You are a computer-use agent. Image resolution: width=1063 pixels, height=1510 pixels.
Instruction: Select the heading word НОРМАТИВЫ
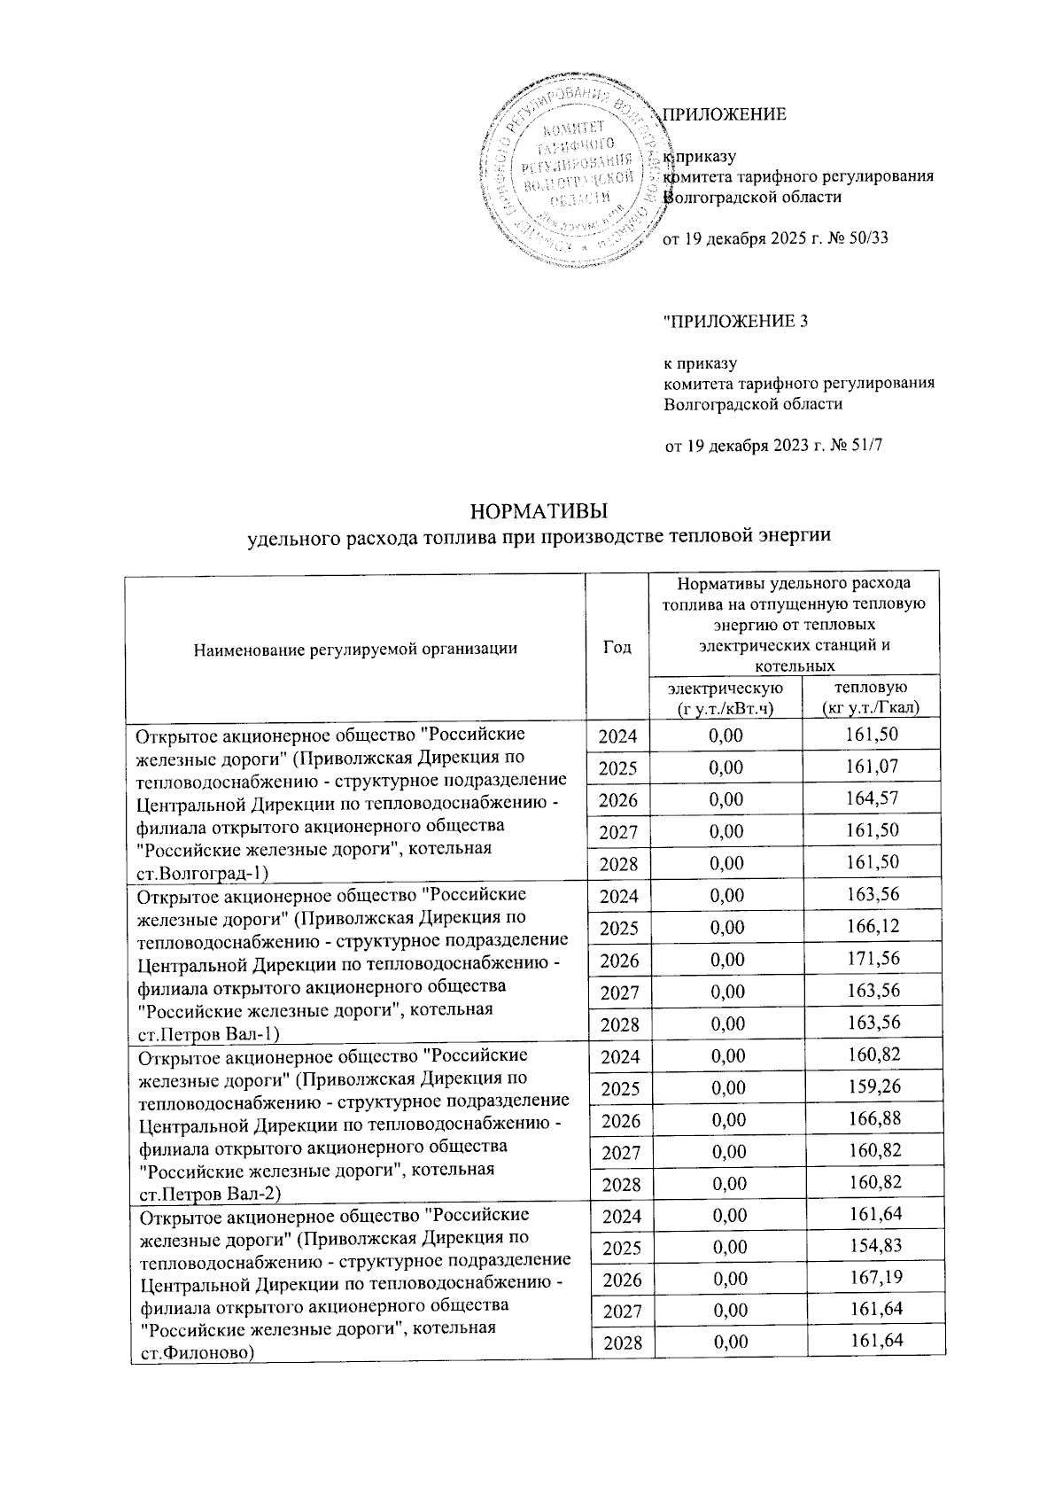[x=539, y=513]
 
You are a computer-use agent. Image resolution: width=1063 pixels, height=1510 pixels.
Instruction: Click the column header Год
[x=617, y=647]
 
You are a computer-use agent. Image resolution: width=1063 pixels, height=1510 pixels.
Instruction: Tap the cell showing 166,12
[x=871, y=927]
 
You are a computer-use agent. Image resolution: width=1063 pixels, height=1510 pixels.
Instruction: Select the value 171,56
[x=871, y=960]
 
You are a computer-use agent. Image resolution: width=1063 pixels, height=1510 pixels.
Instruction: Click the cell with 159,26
[x=872, y=1087]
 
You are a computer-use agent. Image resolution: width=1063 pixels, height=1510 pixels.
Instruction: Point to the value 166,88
[x=872, y=1120]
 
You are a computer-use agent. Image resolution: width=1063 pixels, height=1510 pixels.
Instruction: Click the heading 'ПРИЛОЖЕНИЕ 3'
[x=736, y=322]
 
